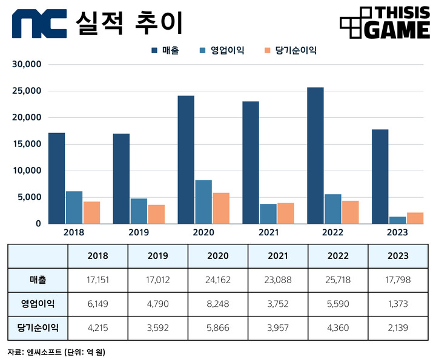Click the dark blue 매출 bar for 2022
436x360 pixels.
pyautogui.click(x=315, y=155)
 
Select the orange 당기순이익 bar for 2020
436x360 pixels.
pyautogui.click(x=220, y=208)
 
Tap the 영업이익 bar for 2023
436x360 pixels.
pyautogui.click(x=397, y=220)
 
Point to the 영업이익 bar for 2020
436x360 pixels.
pyautogui.click(x=203, y=201)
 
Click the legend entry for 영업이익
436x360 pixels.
pyautogui.click(x=221, y=50)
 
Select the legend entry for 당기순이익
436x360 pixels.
pyautogui.click(x=289, y=50)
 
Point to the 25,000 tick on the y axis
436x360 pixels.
pyautogui.click(x=27, y=91)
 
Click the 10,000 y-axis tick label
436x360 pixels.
pyautogui.click(x=27, y=171)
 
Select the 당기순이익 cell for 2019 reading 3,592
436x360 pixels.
pyautogui.click(x=157, y=327)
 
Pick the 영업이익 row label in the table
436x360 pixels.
pyautogui.click(x=38, y=304)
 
